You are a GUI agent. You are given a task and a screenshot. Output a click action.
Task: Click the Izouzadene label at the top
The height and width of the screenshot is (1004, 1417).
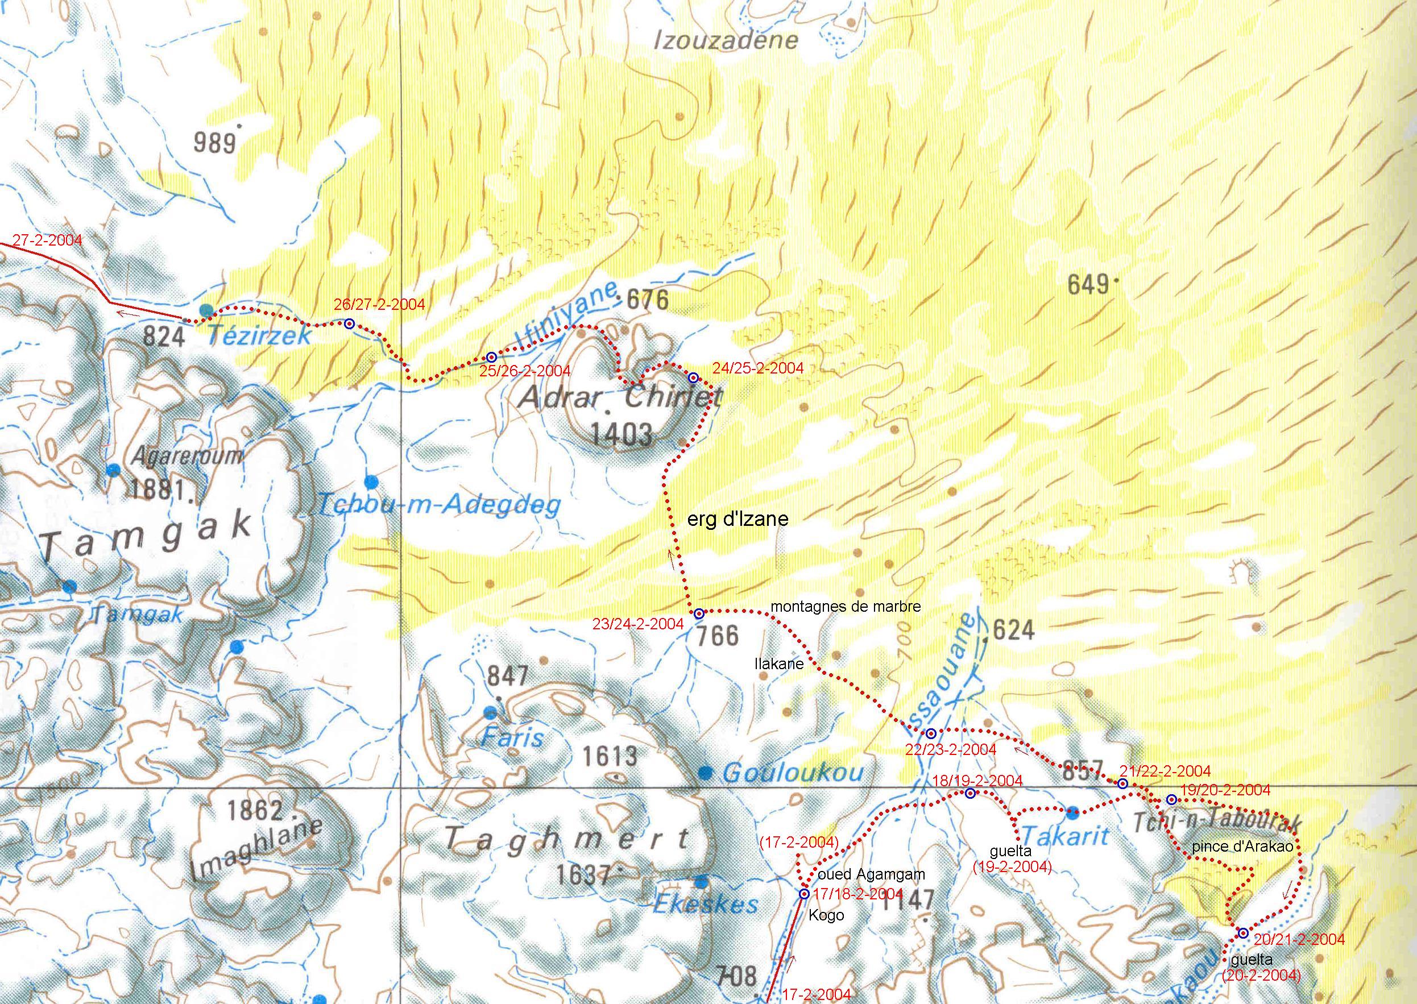click(726, 41)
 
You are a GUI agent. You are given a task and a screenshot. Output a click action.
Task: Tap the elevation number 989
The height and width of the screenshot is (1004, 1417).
click(214, 143)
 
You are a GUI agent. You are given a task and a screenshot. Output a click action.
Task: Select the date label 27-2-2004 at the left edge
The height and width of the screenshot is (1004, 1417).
click(47, 240)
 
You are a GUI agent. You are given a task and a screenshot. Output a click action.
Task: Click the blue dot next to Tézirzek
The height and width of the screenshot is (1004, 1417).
click(206, 310)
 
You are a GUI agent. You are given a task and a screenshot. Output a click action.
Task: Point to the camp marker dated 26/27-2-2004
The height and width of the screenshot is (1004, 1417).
click(349, 323)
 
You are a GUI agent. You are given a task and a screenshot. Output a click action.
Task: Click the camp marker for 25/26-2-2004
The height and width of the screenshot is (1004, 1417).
click(491, 358)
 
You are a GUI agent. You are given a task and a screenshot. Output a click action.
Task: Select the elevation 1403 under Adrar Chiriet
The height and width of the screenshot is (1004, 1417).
click(622, 435)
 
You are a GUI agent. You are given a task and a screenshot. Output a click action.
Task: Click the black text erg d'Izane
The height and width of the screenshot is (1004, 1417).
click(737, 518)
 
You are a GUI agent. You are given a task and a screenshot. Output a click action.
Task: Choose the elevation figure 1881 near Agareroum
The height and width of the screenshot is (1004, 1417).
click(156, 490)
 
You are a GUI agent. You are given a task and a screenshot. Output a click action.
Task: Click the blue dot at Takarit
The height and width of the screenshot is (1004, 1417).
click(1072, 811)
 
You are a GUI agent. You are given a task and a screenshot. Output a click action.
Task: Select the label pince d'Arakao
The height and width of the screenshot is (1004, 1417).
click(1242, 847)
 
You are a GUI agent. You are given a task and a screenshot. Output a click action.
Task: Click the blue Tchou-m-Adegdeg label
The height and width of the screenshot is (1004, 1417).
click(438, 505)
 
